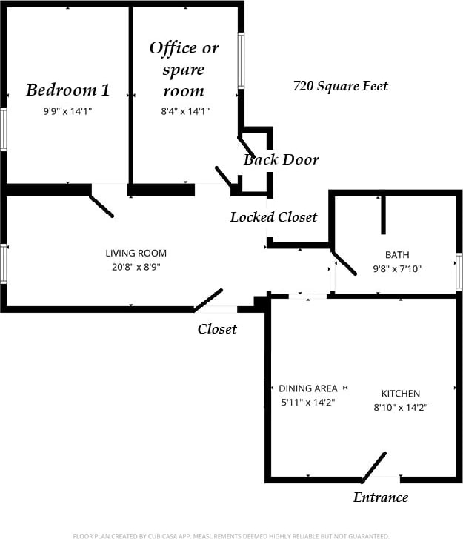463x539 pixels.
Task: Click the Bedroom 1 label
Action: tap(67, 90)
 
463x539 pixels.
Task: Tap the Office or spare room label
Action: tap(184, 69)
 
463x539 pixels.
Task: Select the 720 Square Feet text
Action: tap(340, 86)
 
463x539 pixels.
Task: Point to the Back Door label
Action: tap(282, 159)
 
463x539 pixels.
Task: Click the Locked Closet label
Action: tap(273, 216)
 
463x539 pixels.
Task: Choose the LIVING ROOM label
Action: tap(136, 253)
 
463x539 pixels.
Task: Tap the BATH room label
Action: tap(396, 255)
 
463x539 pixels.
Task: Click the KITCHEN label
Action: tap(400, 394)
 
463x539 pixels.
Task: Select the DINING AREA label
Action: tap(307, 388)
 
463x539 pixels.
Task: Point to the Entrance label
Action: tap(380, 497)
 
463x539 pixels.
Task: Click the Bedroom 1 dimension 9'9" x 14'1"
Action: tap(67, 111)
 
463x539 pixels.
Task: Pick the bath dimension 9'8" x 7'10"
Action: tap(396, 269)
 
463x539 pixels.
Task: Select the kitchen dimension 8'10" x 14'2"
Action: tap(400, 407)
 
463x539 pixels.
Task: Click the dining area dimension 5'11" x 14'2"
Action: tap(307, 403)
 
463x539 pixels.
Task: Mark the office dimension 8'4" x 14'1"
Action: tap(184, 111)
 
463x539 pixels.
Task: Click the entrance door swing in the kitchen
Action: tap(374, 467)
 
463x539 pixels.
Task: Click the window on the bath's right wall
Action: tap(459, 271)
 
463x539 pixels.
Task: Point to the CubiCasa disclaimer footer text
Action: tap(231, 535)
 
